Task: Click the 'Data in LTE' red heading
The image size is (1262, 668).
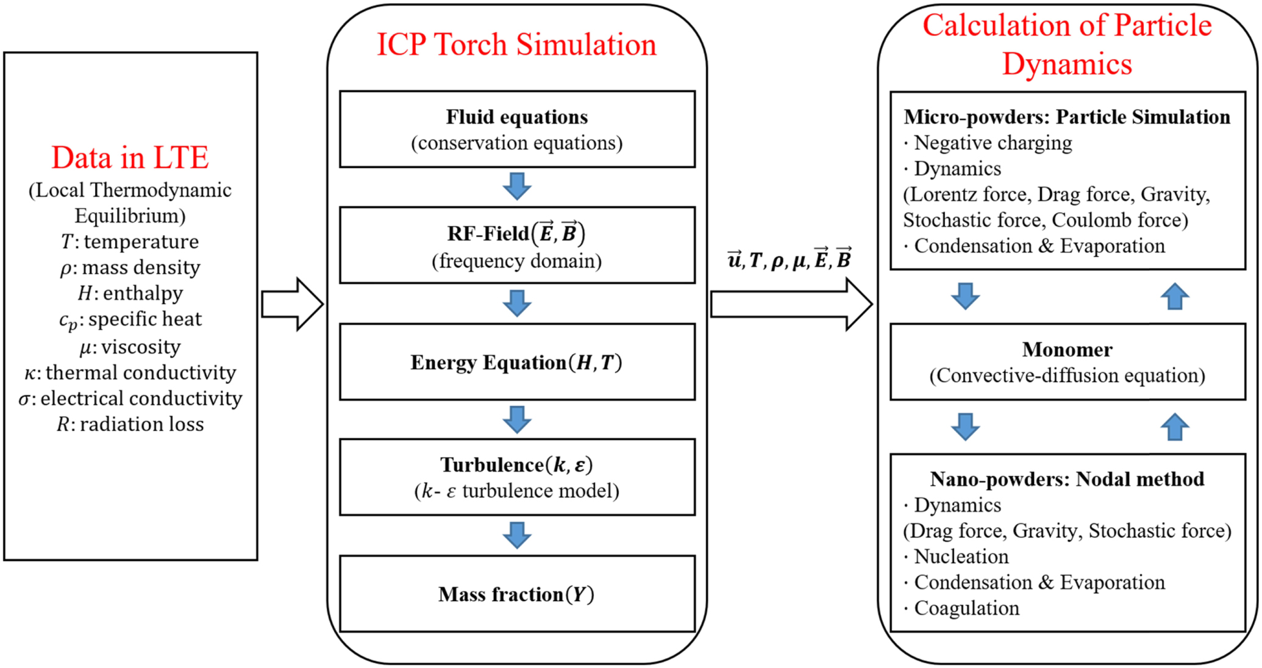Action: pos(130,158)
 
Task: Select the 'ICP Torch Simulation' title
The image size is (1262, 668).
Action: pos(516,45)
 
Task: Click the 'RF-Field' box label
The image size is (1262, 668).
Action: pos(516,233)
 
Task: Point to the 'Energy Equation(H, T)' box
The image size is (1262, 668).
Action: pos(516,363)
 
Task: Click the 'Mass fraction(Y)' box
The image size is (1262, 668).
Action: pos(516,594)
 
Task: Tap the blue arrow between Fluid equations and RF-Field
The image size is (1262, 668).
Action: pos(517,186)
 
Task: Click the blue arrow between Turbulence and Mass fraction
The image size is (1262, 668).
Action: pos(517,535)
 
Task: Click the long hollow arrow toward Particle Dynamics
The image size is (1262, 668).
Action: pos(791,304)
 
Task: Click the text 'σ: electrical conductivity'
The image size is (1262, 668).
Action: pos(130,399)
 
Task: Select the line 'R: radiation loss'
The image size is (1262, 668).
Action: pos(130,424)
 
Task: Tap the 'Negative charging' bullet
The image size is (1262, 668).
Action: pos(993,143)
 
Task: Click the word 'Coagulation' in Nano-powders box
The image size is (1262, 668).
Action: pos(966,608)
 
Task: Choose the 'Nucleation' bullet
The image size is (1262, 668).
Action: pos(961,556)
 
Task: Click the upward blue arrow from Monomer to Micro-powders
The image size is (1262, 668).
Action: pos(1174,297)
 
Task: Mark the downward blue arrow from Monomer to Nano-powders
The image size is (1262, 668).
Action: pos(965,426)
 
